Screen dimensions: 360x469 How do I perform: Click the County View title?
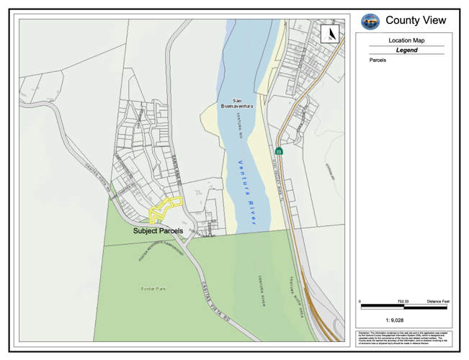[x=416, y=21]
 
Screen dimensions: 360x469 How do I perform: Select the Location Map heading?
[x=406, y=41]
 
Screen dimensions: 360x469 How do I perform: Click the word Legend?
[x=406, y=50]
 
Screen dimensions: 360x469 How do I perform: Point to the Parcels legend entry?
[x=378, y=60]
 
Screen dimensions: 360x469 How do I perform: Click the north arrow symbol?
[x=331, y=34]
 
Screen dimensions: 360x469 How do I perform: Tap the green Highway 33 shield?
[x=278, y=151]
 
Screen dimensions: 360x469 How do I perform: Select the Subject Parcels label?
[x=158, y=231]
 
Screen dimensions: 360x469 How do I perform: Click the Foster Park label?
[x=153, y=289]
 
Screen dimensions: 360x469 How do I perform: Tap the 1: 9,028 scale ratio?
[x=394, y=320]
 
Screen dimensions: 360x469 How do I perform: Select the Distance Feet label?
[x=438, y=301]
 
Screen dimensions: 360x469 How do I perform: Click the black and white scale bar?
[x=403, y=307]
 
